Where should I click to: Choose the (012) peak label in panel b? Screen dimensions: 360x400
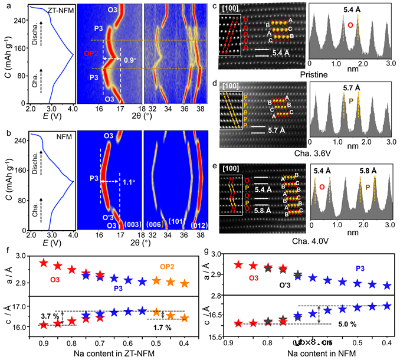pyautogui.click(x=195, y=224)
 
